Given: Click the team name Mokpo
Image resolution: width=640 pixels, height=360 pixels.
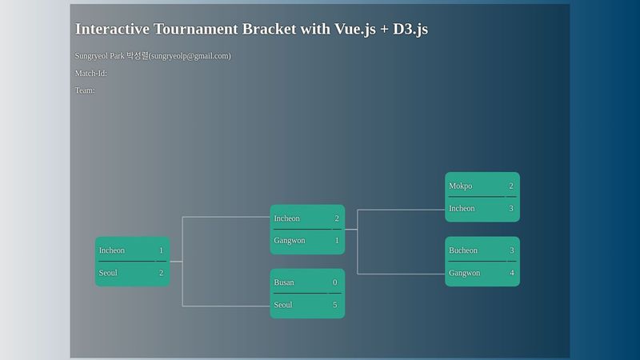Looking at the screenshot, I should click(460, 186).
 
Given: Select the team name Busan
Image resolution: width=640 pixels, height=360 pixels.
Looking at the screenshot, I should click(284, 282).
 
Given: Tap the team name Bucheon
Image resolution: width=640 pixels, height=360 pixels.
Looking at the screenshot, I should click(463, 250).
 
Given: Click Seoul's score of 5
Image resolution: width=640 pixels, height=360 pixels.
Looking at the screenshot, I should click(334, 305).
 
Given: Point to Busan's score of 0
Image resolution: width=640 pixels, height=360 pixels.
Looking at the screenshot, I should click(334, 282).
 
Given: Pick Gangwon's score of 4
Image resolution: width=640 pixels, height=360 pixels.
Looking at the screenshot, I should click(511, 273).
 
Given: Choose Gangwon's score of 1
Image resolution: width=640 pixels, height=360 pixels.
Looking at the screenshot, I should click(336, 240).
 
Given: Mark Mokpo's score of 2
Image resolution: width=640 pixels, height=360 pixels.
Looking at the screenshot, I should click(510, 186).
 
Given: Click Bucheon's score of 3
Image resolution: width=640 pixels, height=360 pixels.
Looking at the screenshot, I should click(511, 250).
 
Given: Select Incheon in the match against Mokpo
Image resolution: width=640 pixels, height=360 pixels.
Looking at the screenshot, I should click(462, 209).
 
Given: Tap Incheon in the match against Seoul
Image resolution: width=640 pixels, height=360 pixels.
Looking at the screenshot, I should click(112, 250).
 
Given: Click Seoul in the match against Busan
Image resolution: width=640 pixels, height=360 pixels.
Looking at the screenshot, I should click(283, 305).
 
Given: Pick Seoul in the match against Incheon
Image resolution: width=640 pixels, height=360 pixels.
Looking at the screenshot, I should click(108, 273).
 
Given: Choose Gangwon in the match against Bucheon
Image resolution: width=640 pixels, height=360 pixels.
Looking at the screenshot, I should click(465, 273).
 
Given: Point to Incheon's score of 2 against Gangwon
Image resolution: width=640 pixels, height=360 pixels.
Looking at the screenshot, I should click(336, 218).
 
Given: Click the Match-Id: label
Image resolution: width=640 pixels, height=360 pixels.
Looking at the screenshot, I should click(91, 74).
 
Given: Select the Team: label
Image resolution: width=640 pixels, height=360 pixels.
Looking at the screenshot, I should click(85, 90).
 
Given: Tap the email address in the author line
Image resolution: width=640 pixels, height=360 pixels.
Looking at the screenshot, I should click(190, 56).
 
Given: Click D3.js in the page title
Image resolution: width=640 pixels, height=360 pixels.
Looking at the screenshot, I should click(410, 29).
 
